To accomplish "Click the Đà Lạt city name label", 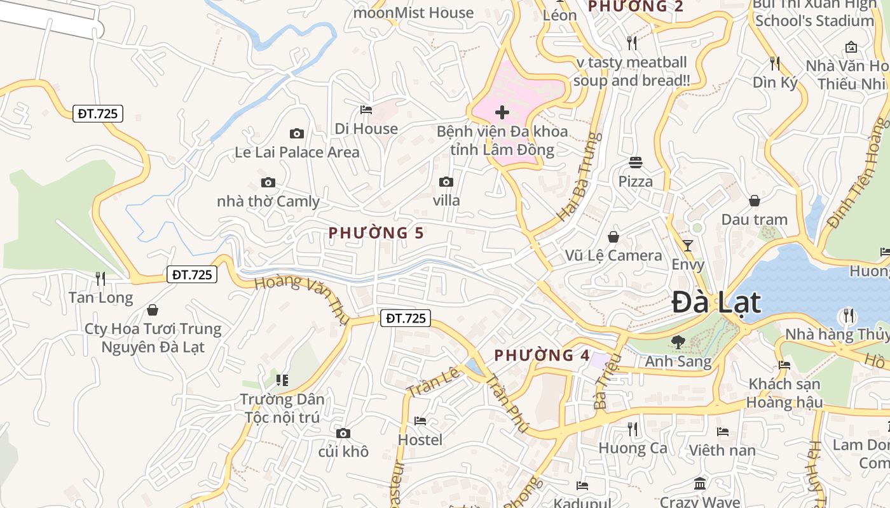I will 716,302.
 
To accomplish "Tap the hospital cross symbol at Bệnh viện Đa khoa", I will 502,113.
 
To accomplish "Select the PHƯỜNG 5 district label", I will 376,233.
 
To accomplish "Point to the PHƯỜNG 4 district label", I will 542,355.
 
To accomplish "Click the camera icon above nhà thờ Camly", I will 268,183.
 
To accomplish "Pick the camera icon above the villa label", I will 446,182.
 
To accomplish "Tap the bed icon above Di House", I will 366,110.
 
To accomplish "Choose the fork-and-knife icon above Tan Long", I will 100,278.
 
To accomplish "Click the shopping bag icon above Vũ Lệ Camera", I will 613,237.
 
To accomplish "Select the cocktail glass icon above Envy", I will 687,245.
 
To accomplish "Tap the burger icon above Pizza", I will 636,163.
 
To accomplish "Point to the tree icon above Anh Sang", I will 678,342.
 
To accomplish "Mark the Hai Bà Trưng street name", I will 578,177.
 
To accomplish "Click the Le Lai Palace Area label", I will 297,152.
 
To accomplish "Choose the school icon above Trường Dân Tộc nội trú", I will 282,380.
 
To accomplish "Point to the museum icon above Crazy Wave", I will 700,484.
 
